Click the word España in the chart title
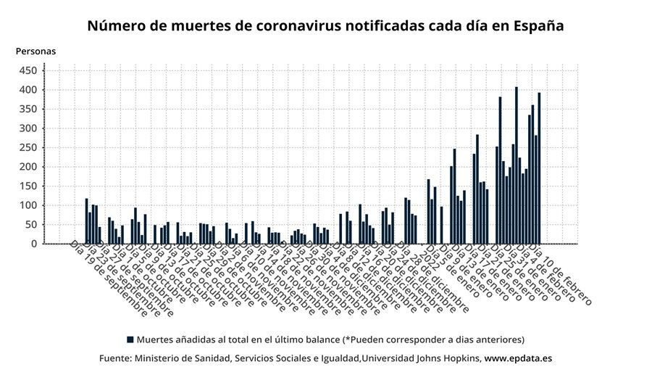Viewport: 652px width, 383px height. pyautogui.click(x=538, y=26)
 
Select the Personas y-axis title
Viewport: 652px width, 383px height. pyautogui.click(x=35, y=52)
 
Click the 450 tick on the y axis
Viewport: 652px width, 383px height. pyautogui.click(x=28, y=70)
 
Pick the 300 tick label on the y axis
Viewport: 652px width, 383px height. pyautogui.click(x=28, y=128)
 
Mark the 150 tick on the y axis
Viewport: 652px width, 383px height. pyautogui.click(x=28, y=186)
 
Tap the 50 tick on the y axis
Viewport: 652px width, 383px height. pyautogui.click(x=31, y=225)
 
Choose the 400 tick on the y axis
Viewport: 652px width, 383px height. pyautogui.click(x=28, y=90)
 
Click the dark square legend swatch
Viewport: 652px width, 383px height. pyautogui.click(x=130, y=339)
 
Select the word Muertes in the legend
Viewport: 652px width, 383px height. pyautogui.click(x=154, y=339)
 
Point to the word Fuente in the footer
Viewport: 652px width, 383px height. pyautogui.click(x=114, y=358)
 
